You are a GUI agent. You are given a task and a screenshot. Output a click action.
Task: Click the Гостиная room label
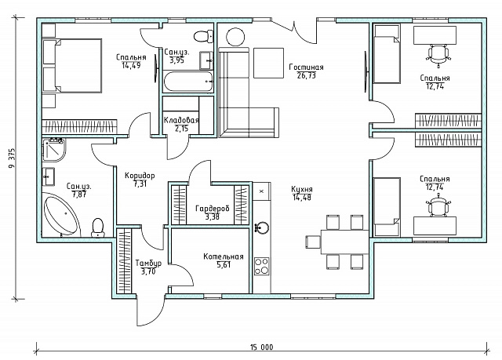coord(306,67)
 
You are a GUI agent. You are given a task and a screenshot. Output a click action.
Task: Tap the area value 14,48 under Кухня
coord(301,198)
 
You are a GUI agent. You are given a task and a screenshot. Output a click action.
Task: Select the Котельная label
coord(224,256)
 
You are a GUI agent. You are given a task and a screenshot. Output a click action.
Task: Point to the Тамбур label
coord(148,264)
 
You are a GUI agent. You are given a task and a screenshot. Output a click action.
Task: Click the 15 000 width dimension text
coord(261,347)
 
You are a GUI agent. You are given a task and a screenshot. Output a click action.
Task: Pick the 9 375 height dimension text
coord(13,158)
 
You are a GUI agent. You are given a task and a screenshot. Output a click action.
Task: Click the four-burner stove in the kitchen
coord(261,266)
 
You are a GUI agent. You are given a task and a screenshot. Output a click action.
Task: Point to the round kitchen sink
coord(262,227)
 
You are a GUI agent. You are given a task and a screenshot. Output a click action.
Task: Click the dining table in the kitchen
coord(345,242)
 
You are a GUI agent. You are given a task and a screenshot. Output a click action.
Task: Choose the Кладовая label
coord(181,120)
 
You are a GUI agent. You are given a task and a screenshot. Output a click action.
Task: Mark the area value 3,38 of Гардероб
coord(213,217)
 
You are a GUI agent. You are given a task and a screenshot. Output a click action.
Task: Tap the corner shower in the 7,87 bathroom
coord(54,150)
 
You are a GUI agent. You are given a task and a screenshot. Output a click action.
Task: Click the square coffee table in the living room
coord(268,63)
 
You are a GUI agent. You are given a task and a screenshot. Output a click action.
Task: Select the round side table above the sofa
coord(236,37)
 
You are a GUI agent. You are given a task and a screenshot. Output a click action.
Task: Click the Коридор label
coord(140,176)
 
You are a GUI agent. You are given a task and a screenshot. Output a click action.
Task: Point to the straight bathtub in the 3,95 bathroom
coord(188,82)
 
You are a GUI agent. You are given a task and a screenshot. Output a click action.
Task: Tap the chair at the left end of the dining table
coord(313,242)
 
